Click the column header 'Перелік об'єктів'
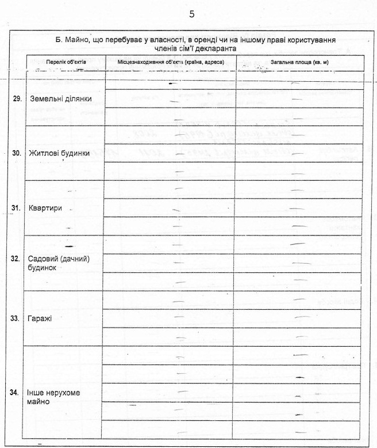coord(66,62)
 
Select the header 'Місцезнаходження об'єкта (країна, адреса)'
coord(171,62)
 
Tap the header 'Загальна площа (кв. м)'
coord(298,62)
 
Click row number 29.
coord(17,99)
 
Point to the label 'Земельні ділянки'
coord(61,99)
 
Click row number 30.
coord(17,153)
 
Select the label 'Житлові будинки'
coord(59,153)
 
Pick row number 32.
coord(17,259)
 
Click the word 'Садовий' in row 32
coord(42,259)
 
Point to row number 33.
coord(17,318)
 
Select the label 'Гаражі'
coord(40,318)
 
